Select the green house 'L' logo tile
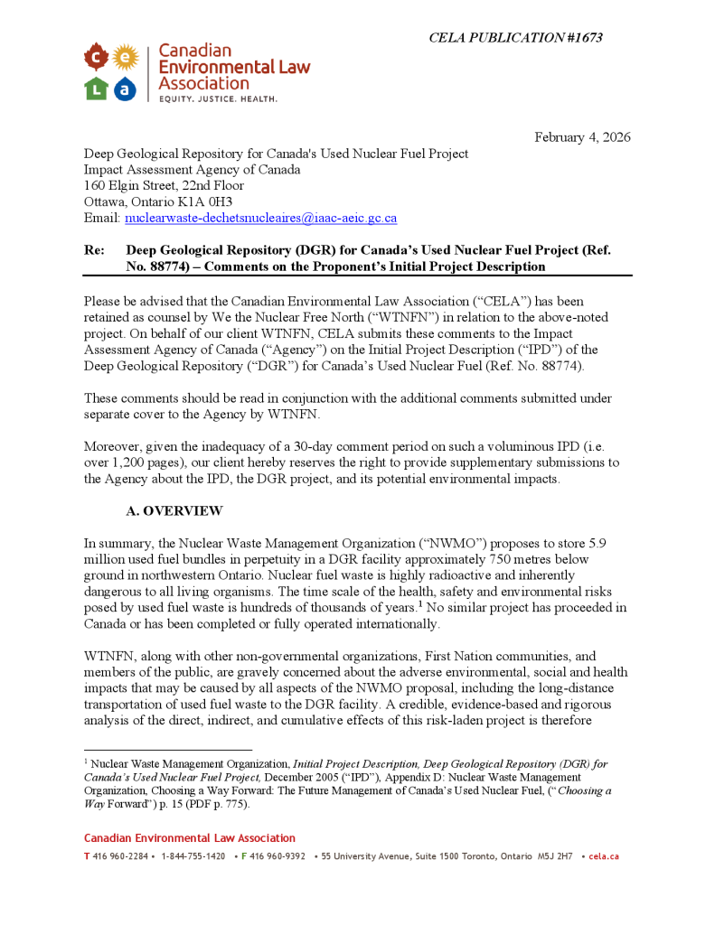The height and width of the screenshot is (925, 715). (x=97, y=88)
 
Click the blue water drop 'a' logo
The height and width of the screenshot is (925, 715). (x=126, y=89)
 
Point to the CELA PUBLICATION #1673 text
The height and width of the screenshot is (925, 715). (x=515, y=38)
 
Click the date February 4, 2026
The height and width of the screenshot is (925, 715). (x=582, y=137)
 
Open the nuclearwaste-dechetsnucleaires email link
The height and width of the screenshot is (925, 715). (x=260, y=219)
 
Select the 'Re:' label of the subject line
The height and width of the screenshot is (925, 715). (x=94, y=250)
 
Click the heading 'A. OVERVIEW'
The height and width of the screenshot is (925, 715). (x=174, y=511)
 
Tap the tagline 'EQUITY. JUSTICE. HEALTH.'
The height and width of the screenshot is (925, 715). (x=218, y=98)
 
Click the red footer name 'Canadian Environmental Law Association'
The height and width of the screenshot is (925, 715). (x=190, y=838)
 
